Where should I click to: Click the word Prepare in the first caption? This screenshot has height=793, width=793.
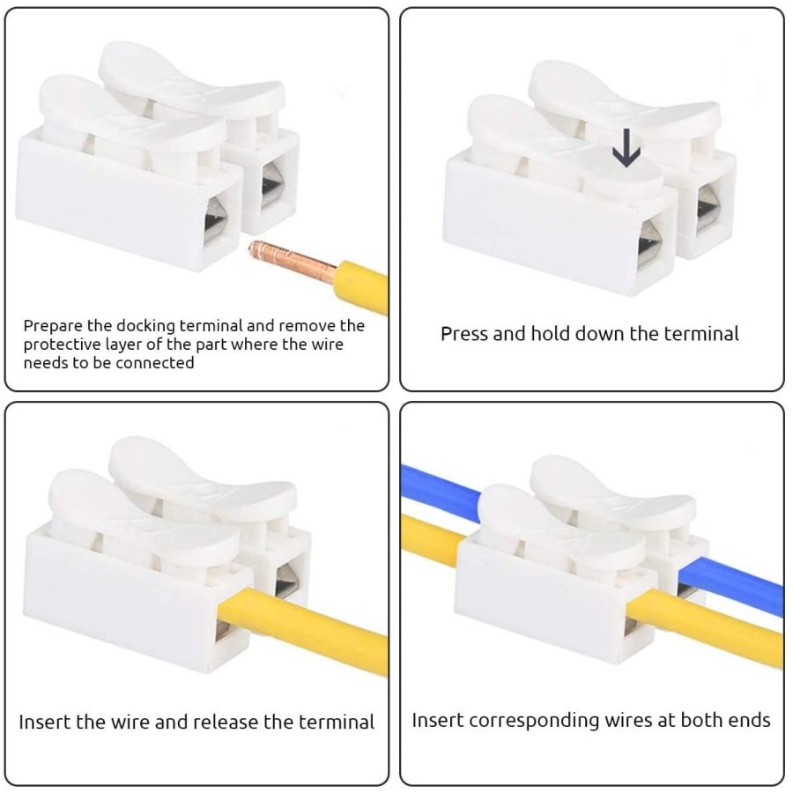click(51, 326)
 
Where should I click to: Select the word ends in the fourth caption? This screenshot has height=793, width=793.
click(747, 721)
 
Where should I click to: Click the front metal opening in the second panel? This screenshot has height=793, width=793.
click(650, 247)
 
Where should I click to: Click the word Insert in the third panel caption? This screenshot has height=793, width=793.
click(44, 723)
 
